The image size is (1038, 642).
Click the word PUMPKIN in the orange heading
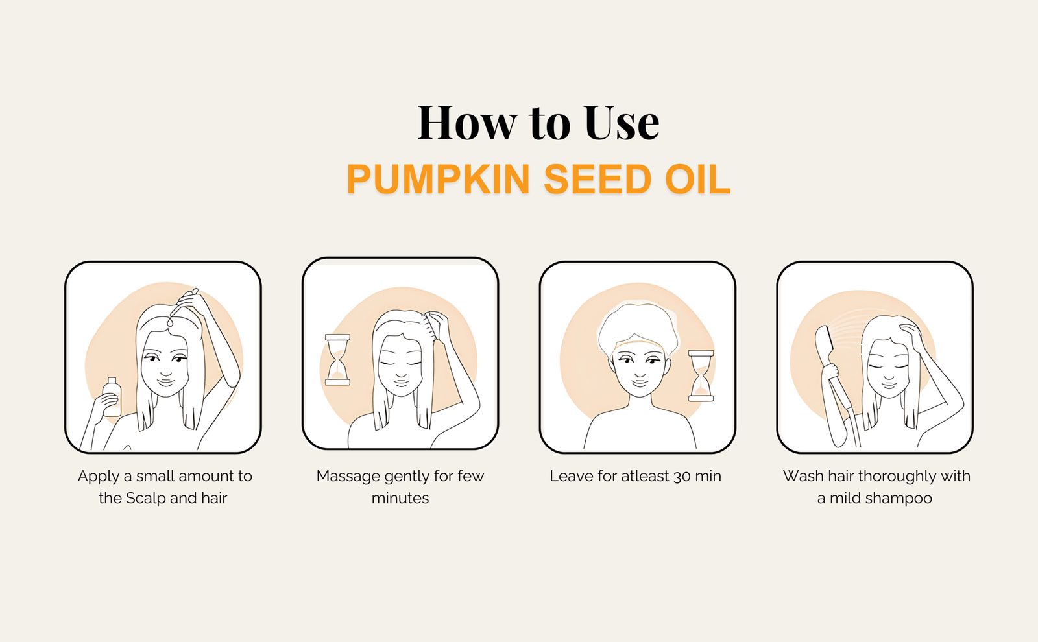[438, 179]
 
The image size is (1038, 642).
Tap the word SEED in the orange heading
[597, 179]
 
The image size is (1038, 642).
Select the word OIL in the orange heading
[697, 179]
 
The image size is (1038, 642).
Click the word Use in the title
[622, 123]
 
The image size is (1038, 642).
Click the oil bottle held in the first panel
[112, 397]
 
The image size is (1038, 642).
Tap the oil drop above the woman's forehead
[171, 320]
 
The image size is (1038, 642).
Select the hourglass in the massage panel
[337, 360]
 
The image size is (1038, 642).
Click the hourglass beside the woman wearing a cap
[701, 375]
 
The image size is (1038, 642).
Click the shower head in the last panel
[823, 346]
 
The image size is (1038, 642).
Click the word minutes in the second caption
[400, 499]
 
